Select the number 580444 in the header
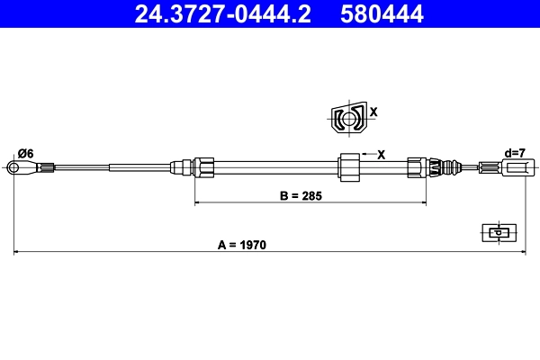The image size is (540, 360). click(382, 13)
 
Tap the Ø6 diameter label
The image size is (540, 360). click(25, 153)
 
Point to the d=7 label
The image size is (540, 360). click(515, 153)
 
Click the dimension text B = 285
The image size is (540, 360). click(301, 193)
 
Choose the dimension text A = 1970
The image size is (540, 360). click(243, 244)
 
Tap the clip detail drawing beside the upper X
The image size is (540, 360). click(346, 118)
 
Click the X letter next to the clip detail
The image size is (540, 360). click(373, 112)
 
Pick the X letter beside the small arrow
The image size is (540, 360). click(381, 154)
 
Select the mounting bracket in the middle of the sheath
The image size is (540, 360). click(349, 166)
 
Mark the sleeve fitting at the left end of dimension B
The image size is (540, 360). click(204, 166)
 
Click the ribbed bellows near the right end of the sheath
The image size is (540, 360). click(440, 166)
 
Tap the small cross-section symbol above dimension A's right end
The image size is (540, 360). click(496, 232)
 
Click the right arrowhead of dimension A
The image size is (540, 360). click(522, 253)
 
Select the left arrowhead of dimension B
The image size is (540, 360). click(199, 202)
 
